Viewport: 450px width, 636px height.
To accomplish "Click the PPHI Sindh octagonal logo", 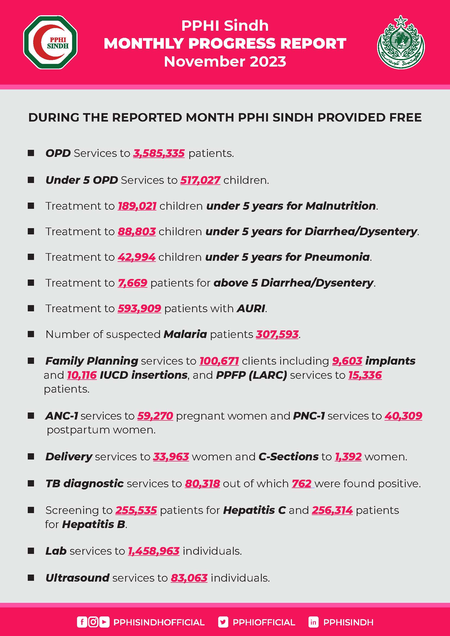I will (x=50, y=42).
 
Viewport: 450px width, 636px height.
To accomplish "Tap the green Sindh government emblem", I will (x=401, y=42).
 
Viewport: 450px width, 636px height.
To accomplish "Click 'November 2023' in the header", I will (x=225, y=61).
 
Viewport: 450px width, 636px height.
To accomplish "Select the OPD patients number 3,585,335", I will (x=159, y=153).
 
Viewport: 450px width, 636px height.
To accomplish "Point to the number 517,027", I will (x=200, y=180).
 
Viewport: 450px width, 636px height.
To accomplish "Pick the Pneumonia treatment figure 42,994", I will (x=137, y=257).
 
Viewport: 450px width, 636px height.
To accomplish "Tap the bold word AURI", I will (x=251, y=308).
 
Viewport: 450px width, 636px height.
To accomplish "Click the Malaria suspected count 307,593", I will (x=277, y=334).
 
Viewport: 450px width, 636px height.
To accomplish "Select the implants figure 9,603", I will (x=347, y=361).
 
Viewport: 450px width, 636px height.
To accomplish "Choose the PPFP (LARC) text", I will (x=251, y=375).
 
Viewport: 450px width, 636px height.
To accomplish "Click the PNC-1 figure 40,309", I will (x=403, y=416).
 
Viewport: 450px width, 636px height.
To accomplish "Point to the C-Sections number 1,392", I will (x=348, y=457).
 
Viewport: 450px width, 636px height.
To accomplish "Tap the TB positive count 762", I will (x=301, y=483).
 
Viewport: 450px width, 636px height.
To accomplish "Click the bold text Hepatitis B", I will (x=94, y=524).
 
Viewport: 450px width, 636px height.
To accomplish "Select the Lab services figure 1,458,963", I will (x=154, y=551).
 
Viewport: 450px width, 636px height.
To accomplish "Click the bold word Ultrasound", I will (x=77, y=578).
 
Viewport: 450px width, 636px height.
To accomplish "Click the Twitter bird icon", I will (x=223, y=622).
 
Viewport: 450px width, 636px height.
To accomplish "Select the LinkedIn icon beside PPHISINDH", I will (x=313, y=622).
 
